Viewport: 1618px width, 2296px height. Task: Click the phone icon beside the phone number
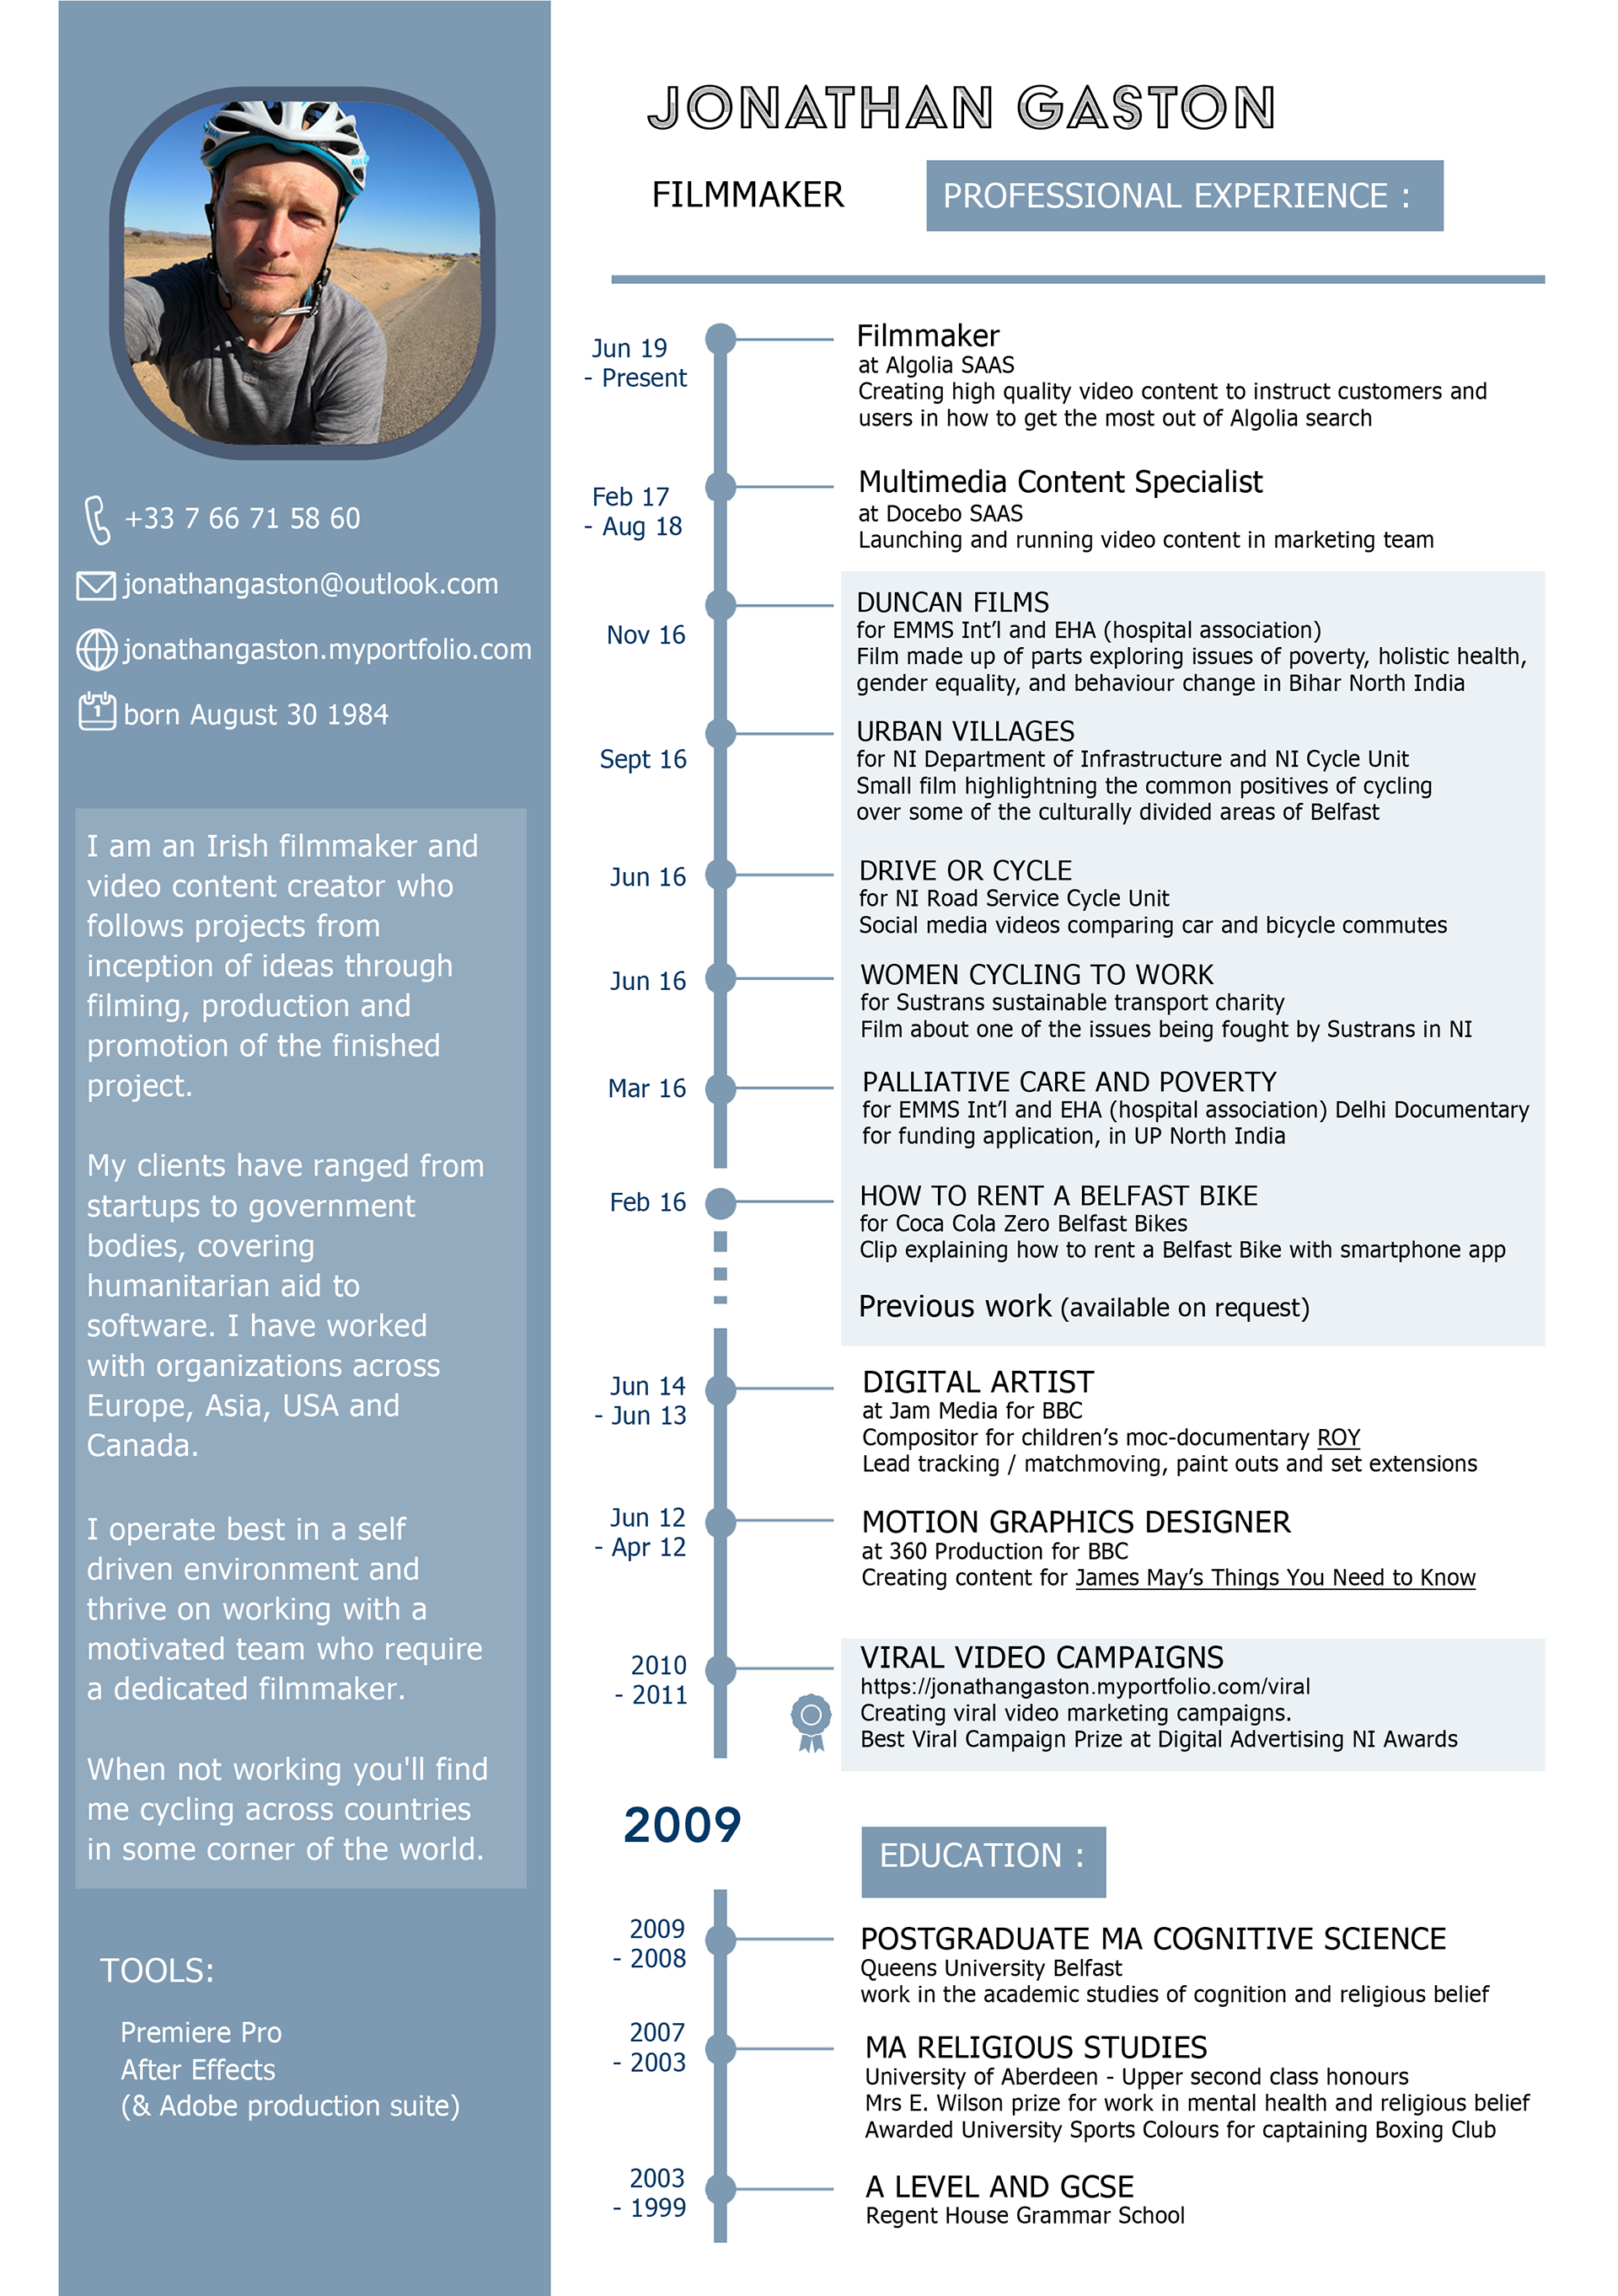[97, 519]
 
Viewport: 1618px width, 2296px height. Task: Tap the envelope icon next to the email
[96, 585]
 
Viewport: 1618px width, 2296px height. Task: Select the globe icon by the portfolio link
[97, 650]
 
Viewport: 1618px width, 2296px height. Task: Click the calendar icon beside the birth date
[97, 712]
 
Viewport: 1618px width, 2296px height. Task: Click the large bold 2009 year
[682, 1825]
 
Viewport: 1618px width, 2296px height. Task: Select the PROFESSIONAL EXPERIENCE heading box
[1184, 196]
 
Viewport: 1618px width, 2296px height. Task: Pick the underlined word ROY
[1338, 1438]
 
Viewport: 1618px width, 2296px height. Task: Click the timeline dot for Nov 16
[720, 605]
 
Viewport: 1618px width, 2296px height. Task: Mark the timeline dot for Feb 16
[720, 1203]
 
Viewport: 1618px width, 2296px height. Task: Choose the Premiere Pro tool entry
[201, 2033]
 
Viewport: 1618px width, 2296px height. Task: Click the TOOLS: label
[157, 1971]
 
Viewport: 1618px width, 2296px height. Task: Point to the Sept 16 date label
[643, 760]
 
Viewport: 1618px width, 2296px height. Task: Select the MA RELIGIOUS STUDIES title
[1036, 2047]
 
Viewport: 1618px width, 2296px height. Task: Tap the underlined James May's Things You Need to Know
[1275, 1578]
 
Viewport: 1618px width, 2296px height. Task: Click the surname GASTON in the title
[1146, 108]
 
